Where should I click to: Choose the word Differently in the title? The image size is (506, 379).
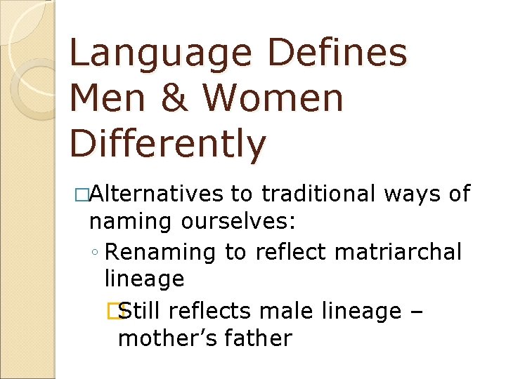coord(168,145)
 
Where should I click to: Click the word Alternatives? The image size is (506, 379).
coord(155,194)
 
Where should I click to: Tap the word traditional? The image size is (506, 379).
coord(318,194)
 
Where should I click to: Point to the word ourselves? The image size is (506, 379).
coord(238,222)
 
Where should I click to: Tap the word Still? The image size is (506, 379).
coord(141,310)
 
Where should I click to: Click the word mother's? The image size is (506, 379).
coord(167,338)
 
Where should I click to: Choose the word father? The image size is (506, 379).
coord(257,338)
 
